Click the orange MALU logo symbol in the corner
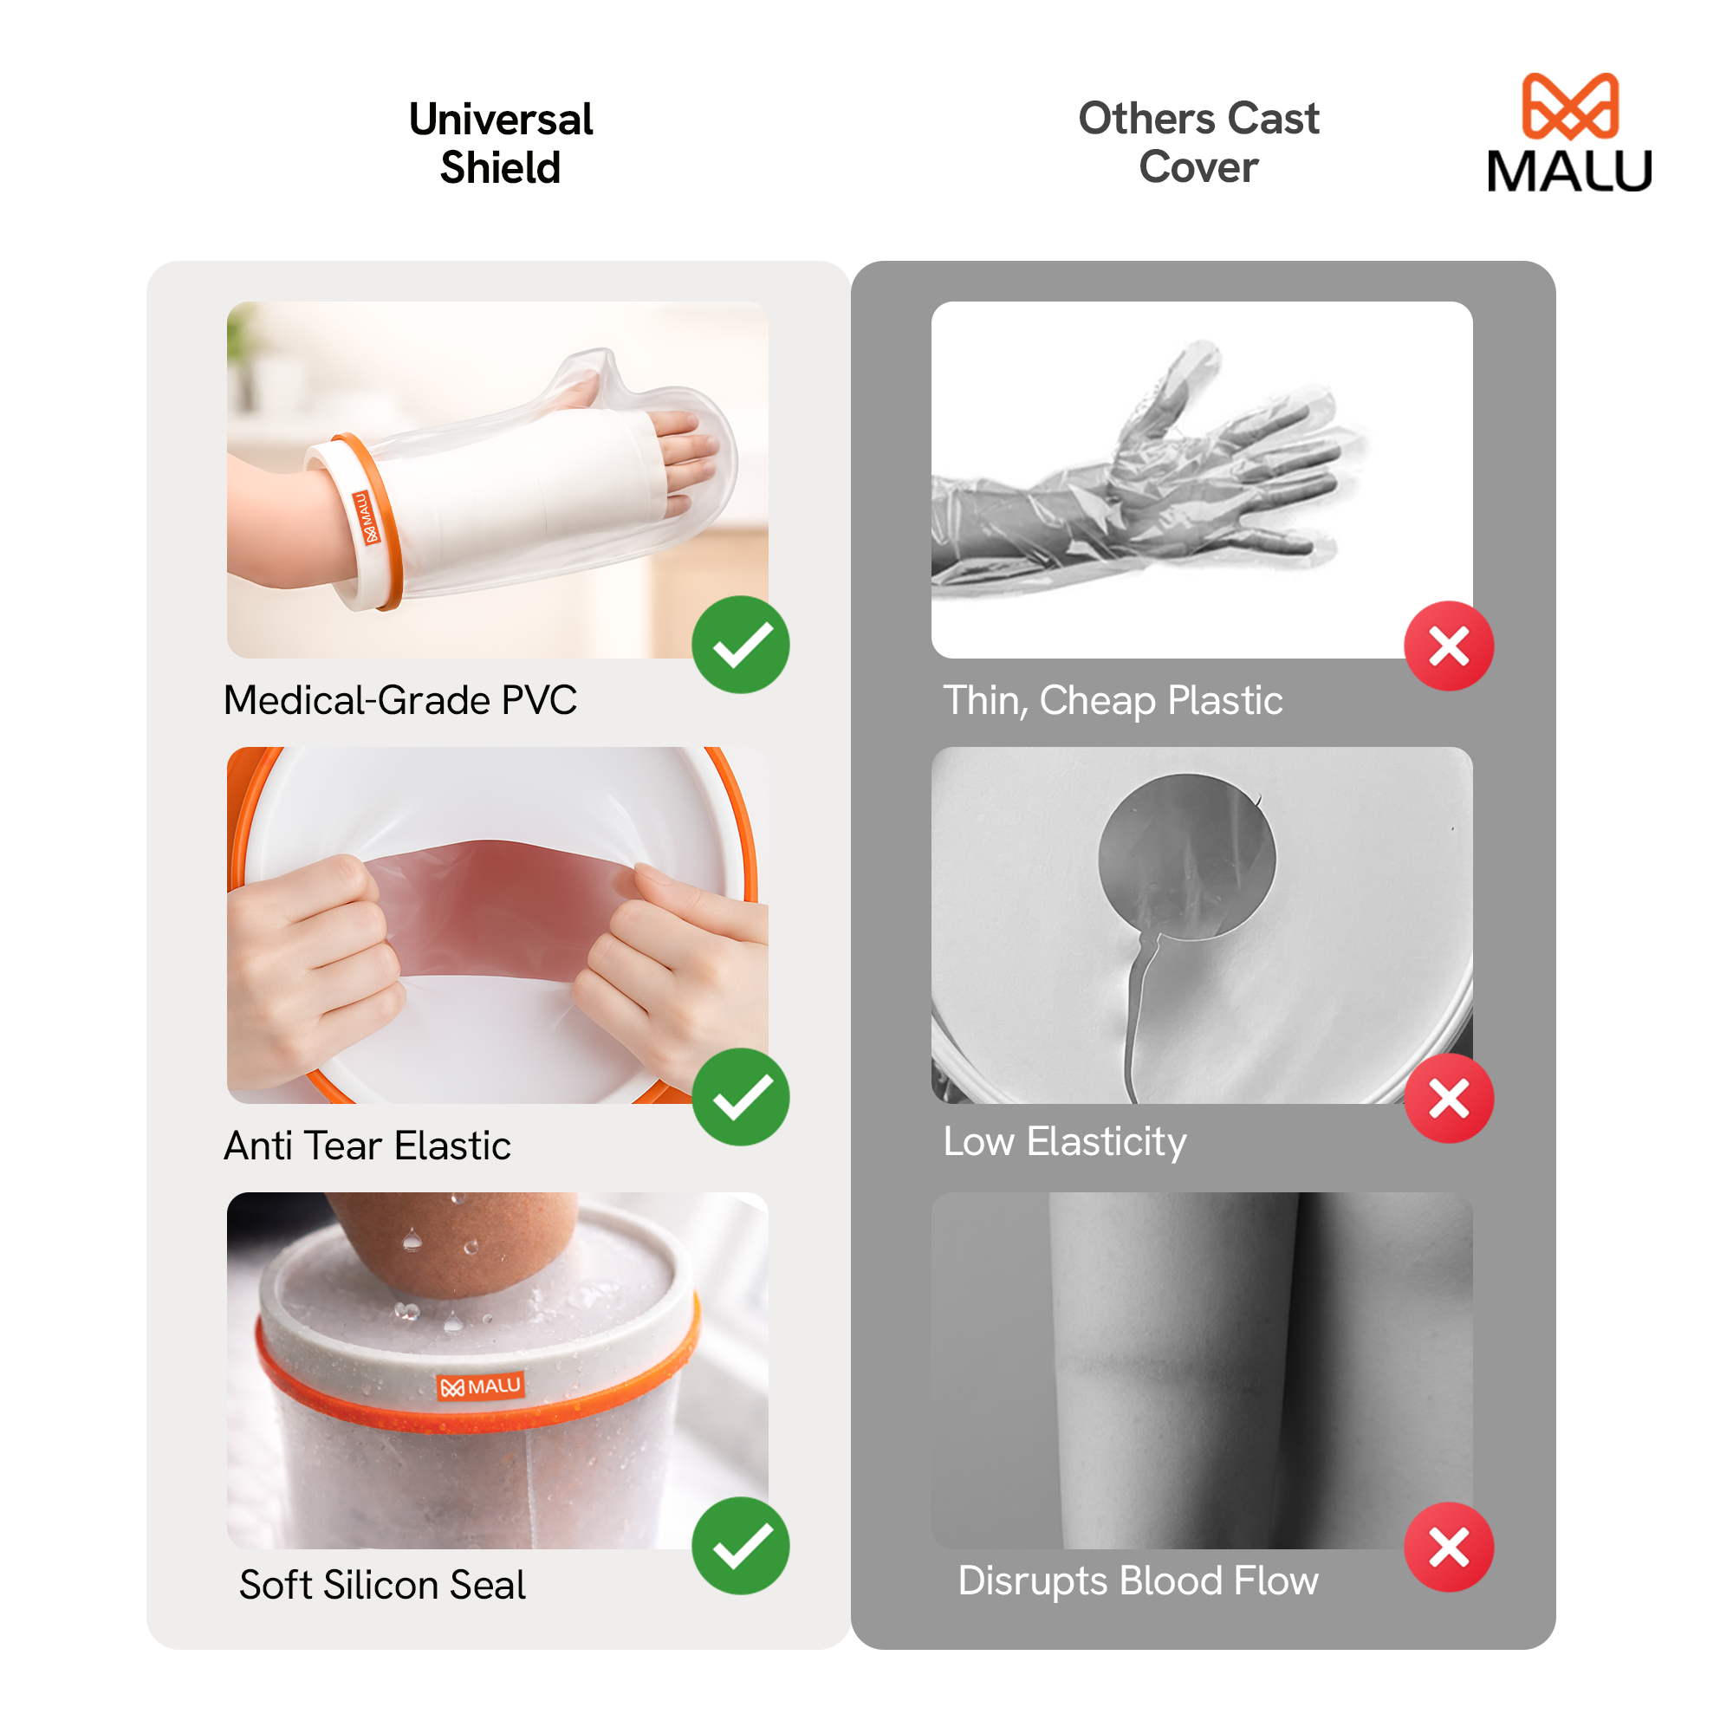tap(1570, 106)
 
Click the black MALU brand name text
tap(1569, 171)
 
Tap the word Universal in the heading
tap(501, 120)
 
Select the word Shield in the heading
tap(501, 168)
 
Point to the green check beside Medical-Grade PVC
tap(741, 645)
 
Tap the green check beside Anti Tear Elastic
tap(741, 1097)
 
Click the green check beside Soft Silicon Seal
tap(741, 1546)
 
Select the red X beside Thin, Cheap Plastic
tap(1449, 646)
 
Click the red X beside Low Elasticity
tap(1449, 1098)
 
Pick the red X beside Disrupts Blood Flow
tap(1449, 1547)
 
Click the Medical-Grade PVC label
tap(400, 700)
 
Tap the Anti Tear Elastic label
tap(367, 1146)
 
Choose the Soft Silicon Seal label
tap(382, 1585)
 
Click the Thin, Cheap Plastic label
tap(1113, 700)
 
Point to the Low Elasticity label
tap(1065, 1142)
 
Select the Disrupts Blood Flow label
tap(1138, 1580)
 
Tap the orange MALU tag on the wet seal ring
tap(481, 1386)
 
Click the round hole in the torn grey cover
tap(1187, 858)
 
